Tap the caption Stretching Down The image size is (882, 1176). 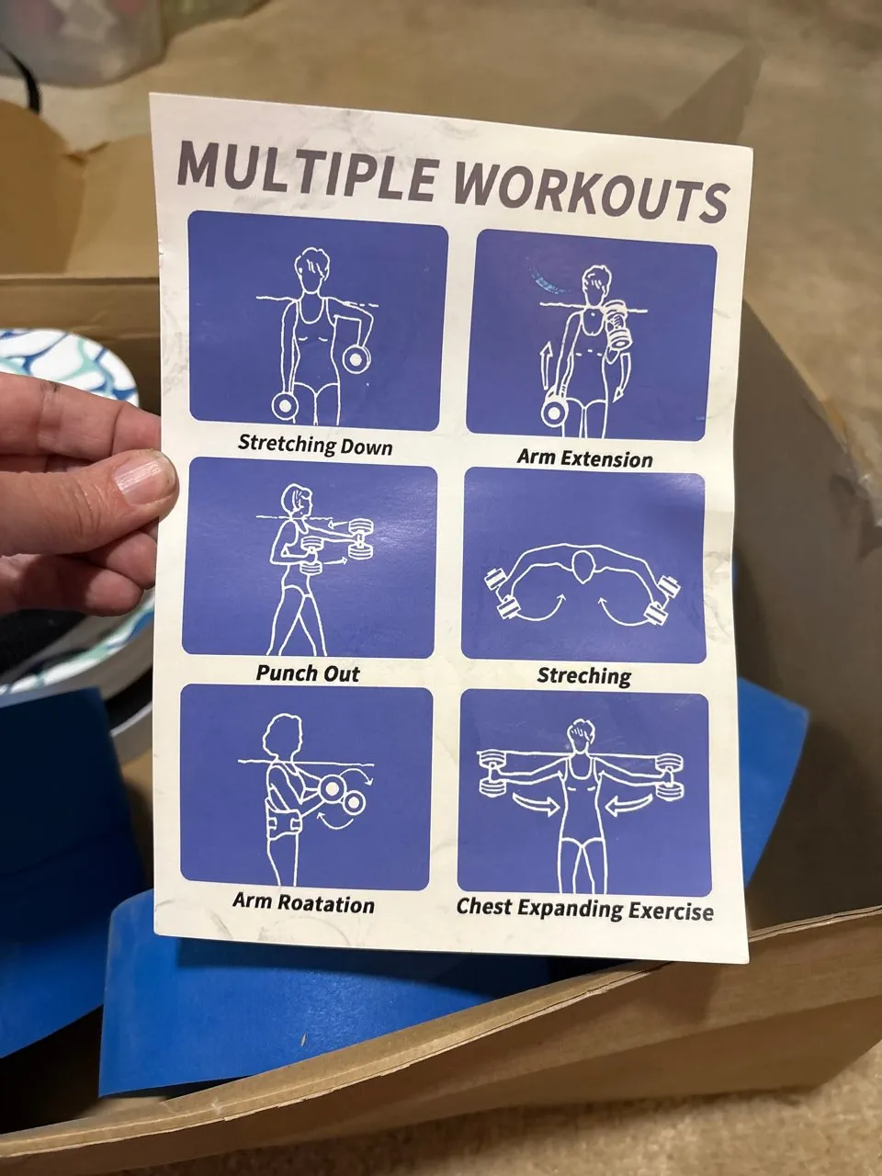(315, 445)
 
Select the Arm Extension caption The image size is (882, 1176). (585, 458)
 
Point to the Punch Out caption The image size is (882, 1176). (308, 673)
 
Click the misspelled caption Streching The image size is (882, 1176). (584, 675)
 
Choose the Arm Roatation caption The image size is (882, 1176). (303, 903)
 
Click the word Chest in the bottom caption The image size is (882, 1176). (484, 906)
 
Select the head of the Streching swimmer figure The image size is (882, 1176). (582, 567)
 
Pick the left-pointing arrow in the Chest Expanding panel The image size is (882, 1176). (631, 803)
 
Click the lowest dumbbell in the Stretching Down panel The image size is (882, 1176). (285, 407)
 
